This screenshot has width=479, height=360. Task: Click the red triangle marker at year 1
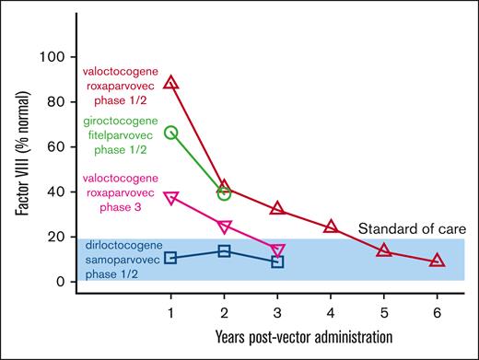point(170,83)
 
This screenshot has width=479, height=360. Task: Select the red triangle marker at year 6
point(438,261)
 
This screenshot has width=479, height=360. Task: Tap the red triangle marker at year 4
point(331,226)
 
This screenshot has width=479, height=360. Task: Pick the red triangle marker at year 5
point(384,250)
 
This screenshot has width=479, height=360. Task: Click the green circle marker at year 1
point(170,133)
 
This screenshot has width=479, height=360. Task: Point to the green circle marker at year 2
point(224,193)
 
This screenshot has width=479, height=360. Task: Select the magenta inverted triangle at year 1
point(170,197)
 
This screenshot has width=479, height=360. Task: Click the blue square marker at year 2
point(224,250)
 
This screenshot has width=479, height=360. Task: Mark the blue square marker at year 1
point(170,258)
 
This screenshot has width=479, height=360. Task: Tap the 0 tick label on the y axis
point(61,282)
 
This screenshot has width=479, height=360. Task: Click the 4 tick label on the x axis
point(331,313)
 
